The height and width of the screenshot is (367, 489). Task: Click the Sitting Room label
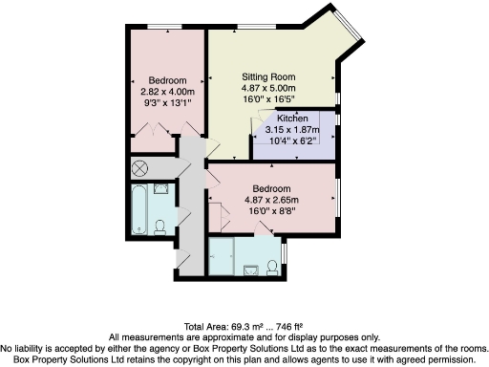(268, 76)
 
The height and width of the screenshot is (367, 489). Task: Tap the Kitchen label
(292, 119)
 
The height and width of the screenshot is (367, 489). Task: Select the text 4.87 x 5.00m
(268, 87)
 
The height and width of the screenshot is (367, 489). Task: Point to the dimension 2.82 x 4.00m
(167, 91)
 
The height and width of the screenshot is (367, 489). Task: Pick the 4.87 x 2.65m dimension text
(272, 200)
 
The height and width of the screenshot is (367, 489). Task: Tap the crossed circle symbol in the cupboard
(140, 168)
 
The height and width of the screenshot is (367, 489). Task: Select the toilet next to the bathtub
(161, 226)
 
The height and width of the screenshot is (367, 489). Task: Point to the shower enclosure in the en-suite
(222, 255)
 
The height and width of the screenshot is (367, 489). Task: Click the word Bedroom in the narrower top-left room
(167, 80)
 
